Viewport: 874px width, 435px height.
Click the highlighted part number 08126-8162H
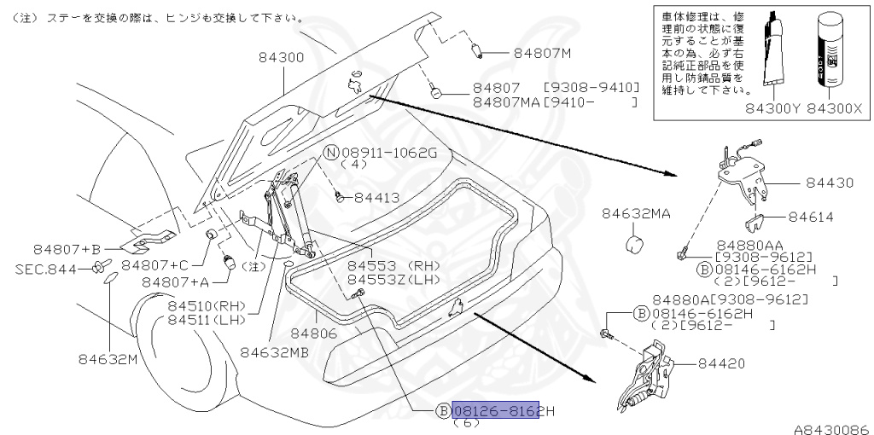coord(504,411)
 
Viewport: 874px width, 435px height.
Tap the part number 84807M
coord(542,53)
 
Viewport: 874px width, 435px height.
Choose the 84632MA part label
coord(636,213)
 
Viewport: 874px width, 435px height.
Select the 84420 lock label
coord(721,363)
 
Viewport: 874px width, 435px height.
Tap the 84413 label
coord(376,197)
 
